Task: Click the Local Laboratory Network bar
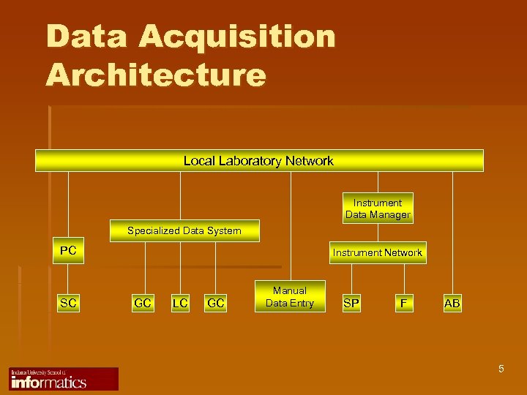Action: click(x=259, y=161)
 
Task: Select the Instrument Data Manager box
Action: click(x=378, y=208)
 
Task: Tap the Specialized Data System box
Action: click(x=184, y=230)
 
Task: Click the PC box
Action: click(x=68, y=251)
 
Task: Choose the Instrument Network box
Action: click(x=377, y=252)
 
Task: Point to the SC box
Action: click(x=68, y=302)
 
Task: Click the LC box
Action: click(x=179, y=302)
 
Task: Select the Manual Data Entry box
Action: click(x=290, y=296)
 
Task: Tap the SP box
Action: click(x=351, y=302)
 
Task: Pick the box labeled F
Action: click(x=403, y=302)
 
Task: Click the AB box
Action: click(x=452, y=302)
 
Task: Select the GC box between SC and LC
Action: click(x=143, y=302)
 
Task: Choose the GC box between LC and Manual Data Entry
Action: click(x=215, y=302)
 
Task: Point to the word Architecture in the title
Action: click(x=156, y=75)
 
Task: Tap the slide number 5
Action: click(x=501, y=369)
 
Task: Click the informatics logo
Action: click(x=64, y=379)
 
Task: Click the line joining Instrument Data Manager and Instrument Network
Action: click(x=378, y=233)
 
